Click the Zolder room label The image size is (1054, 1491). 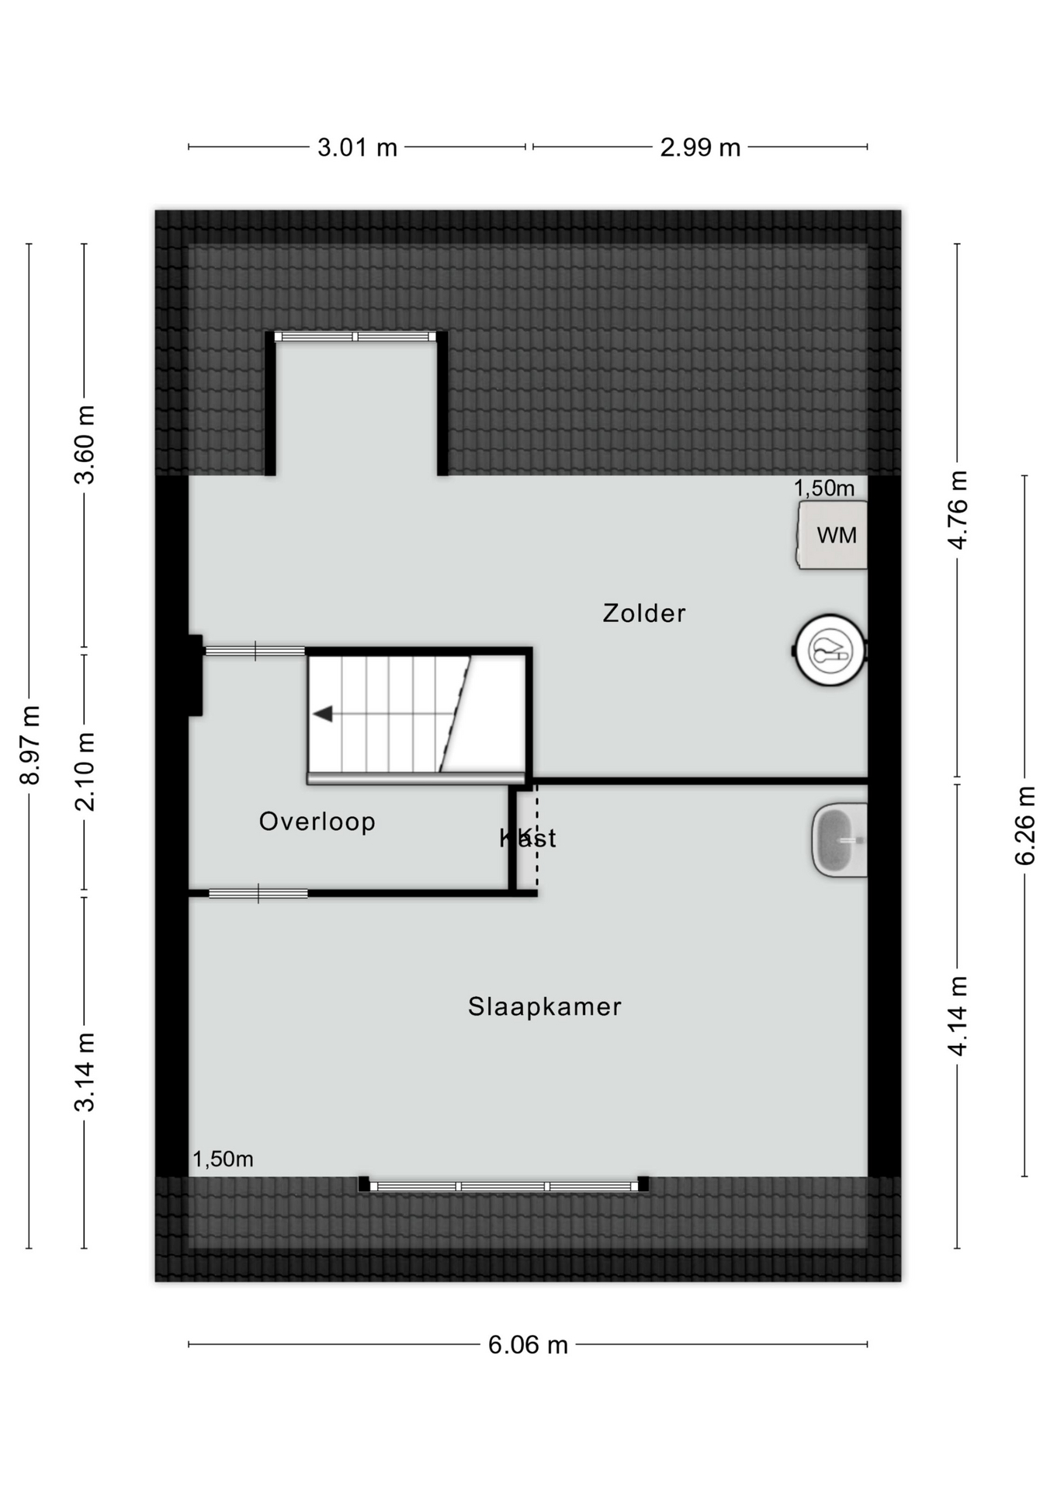click(644, 613)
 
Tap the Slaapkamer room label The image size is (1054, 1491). click(545, 1006)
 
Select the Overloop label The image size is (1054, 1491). click(317, 822)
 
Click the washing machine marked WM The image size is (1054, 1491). click(832, 535)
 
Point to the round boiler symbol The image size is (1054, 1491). click(830, 651)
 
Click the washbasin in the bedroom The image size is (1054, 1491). click(840, 840)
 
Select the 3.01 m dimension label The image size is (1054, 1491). click(357, 148)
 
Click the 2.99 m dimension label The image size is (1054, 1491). click(700, 148)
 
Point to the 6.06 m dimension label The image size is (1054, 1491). click(528, 1345)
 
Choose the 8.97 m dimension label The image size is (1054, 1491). click(29, 745)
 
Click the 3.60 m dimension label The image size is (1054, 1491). click(85, 445)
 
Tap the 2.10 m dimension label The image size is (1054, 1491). click(85, 772)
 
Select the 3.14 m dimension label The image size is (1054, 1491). click(85, 1072)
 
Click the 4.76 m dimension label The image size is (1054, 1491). click(958, 510)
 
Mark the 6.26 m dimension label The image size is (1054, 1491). click(1025, 825)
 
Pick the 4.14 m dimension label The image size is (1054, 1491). click(958, 1016)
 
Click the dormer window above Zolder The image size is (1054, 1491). click(356, 336)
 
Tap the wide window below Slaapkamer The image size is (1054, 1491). click(504, 1186)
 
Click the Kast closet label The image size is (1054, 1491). click(528, 838)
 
